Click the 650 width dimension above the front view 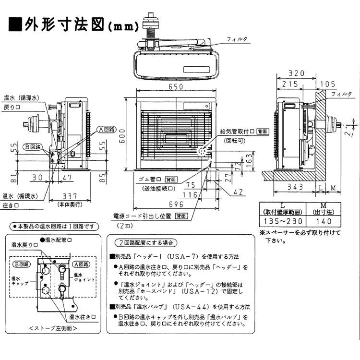click(x=176, y=87)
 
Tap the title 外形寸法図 click(x=64, y=24)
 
